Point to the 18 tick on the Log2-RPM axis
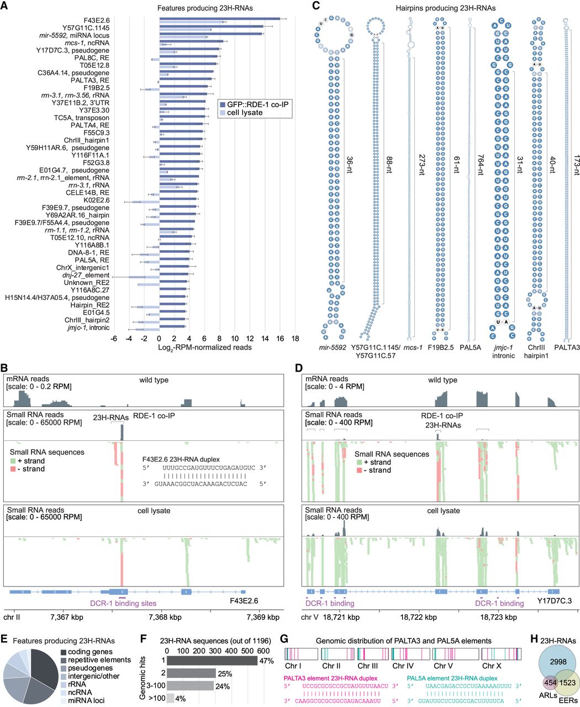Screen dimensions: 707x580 click(295, 337)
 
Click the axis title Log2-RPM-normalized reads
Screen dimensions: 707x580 click(204, 347)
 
